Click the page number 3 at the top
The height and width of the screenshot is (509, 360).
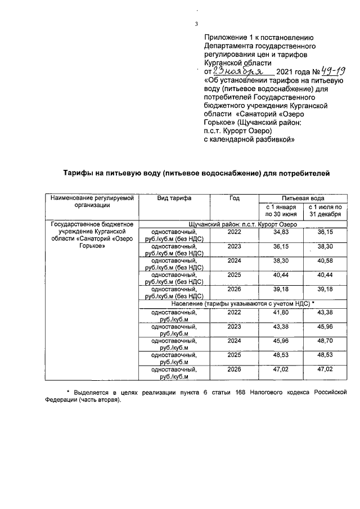[196, 23]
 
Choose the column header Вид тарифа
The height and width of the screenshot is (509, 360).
[174, 199]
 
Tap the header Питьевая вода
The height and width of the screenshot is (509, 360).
[303, 199]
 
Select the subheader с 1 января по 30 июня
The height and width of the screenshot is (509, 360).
[281, 211]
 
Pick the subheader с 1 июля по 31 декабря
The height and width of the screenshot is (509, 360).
[325, 211]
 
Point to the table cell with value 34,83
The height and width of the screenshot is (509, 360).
[281, 232]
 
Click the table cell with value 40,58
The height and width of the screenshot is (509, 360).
[325, 261]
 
